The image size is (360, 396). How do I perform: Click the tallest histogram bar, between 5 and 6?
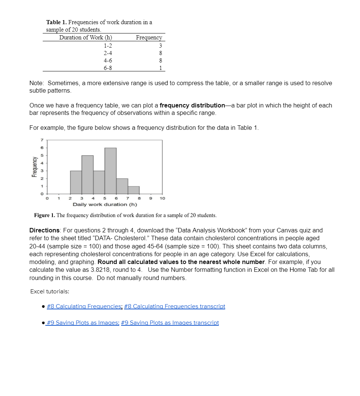(110, 171)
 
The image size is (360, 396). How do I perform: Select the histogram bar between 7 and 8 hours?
(133, 190)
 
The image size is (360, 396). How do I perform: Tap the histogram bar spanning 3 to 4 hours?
(87, 174)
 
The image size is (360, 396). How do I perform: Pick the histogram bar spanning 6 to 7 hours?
(122, 186)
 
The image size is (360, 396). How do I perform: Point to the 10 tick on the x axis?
(162, 199)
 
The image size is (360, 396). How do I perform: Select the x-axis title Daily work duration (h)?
(105, 205)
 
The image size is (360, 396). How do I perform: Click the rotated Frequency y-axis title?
(34, 167)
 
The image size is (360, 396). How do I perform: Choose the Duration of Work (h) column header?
(85, 38)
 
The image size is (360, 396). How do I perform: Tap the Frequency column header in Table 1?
(149, 38)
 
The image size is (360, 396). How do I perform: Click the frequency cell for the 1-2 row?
(160, 45)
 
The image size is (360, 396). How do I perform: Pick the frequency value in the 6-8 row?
(160, 68)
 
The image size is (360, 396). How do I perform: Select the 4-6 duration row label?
(108, 60)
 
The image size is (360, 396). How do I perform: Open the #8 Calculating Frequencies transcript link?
(175, 306)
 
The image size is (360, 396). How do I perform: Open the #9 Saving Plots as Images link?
(82, 323)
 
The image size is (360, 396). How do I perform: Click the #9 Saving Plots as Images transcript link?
(170, 323)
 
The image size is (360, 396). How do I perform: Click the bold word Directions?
(45, 230)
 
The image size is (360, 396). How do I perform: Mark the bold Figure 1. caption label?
(45, 215)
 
